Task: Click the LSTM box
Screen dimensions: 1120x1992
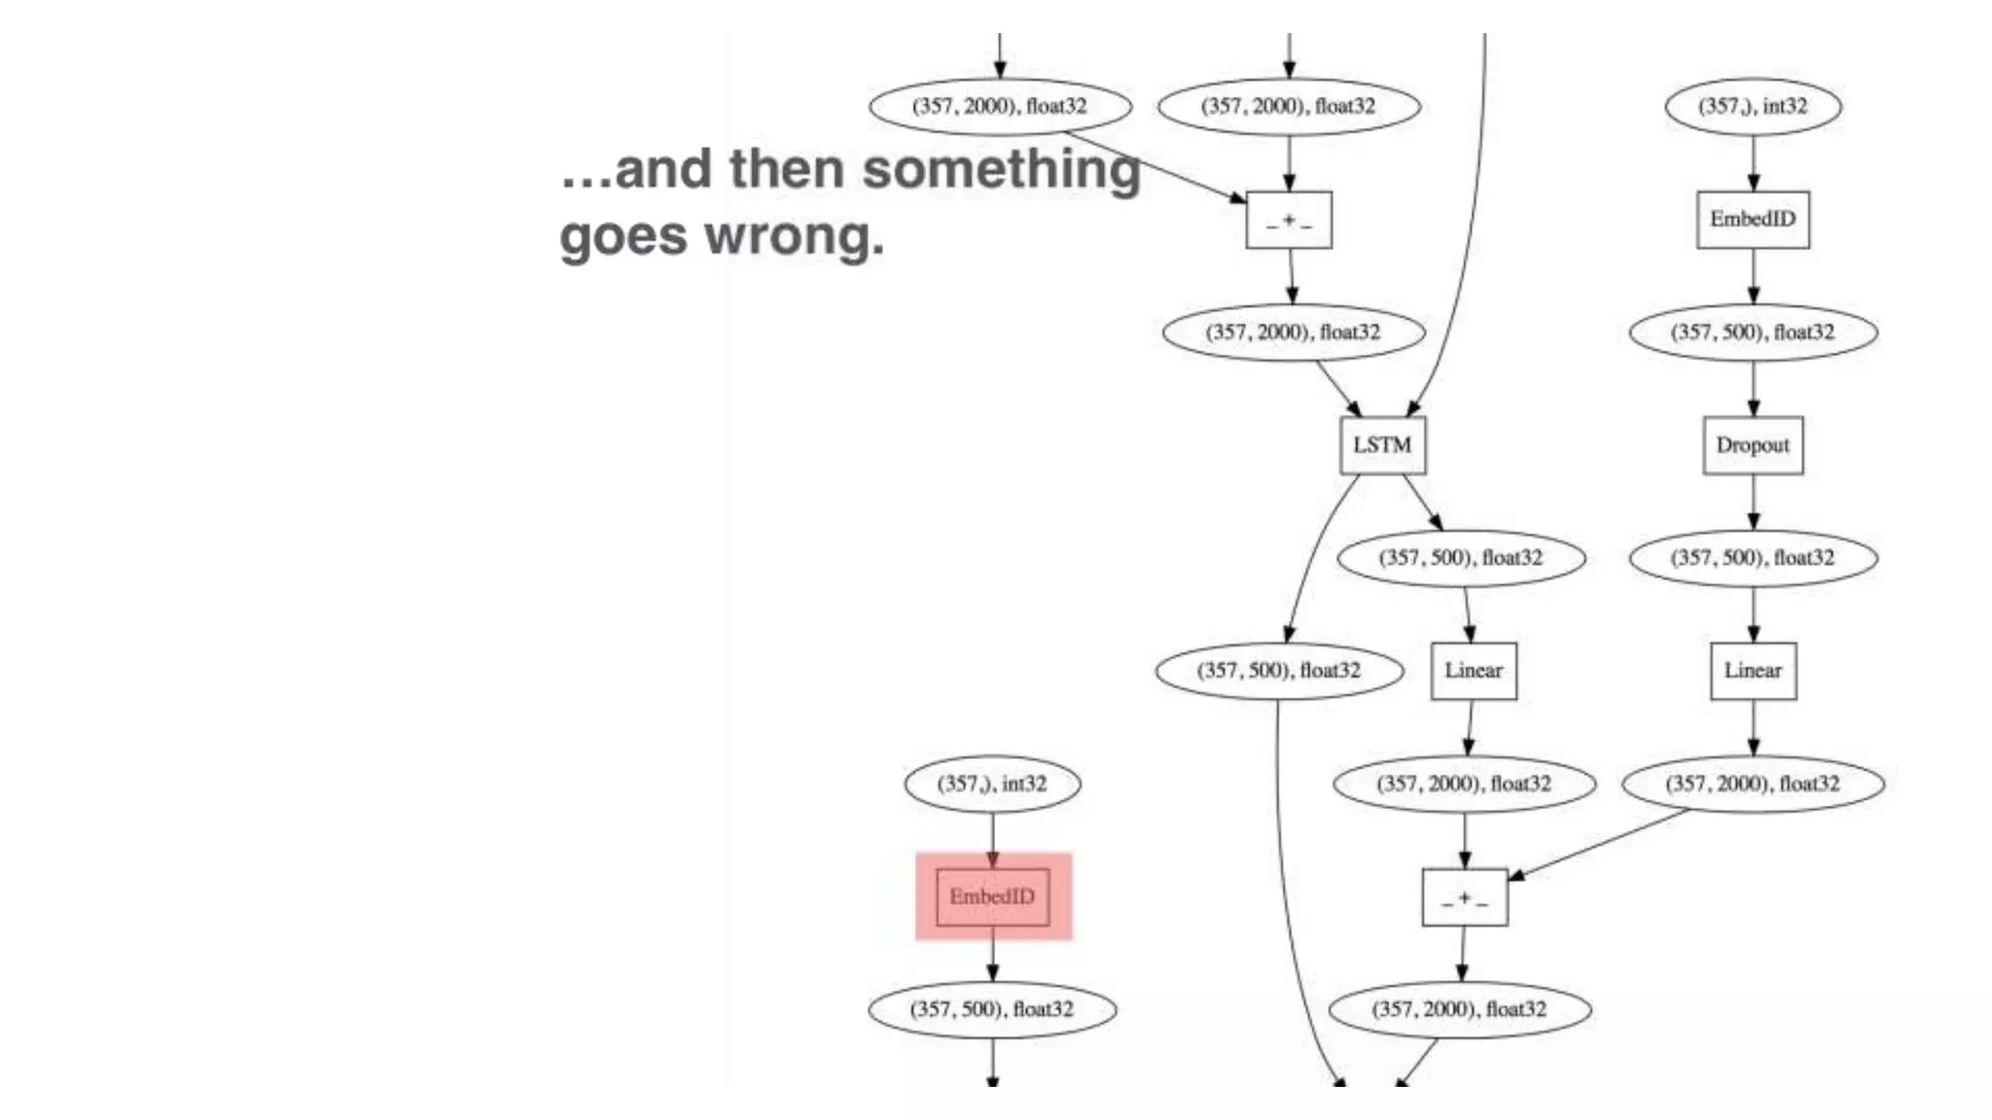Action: point(1382,445)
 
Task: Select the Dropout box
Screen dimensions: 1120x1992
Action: point(1753,445)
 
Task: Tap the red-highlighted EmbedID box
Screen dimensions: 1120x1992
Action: point(992,896)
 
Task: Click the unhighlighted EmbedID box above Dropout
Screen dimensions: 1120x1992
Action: point(1753,220)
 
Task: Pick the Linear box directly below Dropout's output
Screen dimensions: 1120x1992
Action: point(1753,671)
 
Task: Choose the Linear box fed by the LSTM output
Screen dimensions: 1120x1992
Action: point(1474,671)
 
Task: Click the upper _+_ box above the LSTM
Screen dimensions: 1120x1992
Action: point(1289,221)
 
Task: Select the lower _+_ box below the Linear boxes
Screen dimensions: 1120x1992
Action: point(1465,897)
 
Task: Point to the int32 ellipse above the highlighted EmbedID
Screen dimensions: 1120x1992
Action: point(992,784)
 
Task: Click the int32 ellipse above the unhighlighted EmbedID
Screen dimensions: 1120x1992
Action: point(1753,106)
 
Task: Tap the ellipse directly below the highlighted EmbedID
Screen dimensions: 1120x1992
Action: point(992,1009)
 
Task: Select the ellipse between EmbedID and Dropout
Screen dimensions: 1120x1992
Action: point(1753,332)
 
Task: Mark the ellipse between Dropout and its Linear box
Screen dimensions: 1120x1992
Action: point(1753,558)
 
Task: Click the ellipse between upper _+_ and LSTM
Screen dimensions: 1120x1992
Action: point(1294,332)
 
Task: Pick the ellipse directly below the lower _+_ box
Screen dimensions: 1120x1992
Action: point(1460,1009)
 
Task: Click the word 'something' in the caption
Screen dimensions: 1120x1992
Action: point(1001,169)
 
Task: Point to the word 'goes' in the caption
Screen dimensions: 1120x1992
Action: point(622,237)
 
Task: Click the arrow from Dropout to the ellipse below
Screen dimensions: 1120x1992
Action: point(1753,503)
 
